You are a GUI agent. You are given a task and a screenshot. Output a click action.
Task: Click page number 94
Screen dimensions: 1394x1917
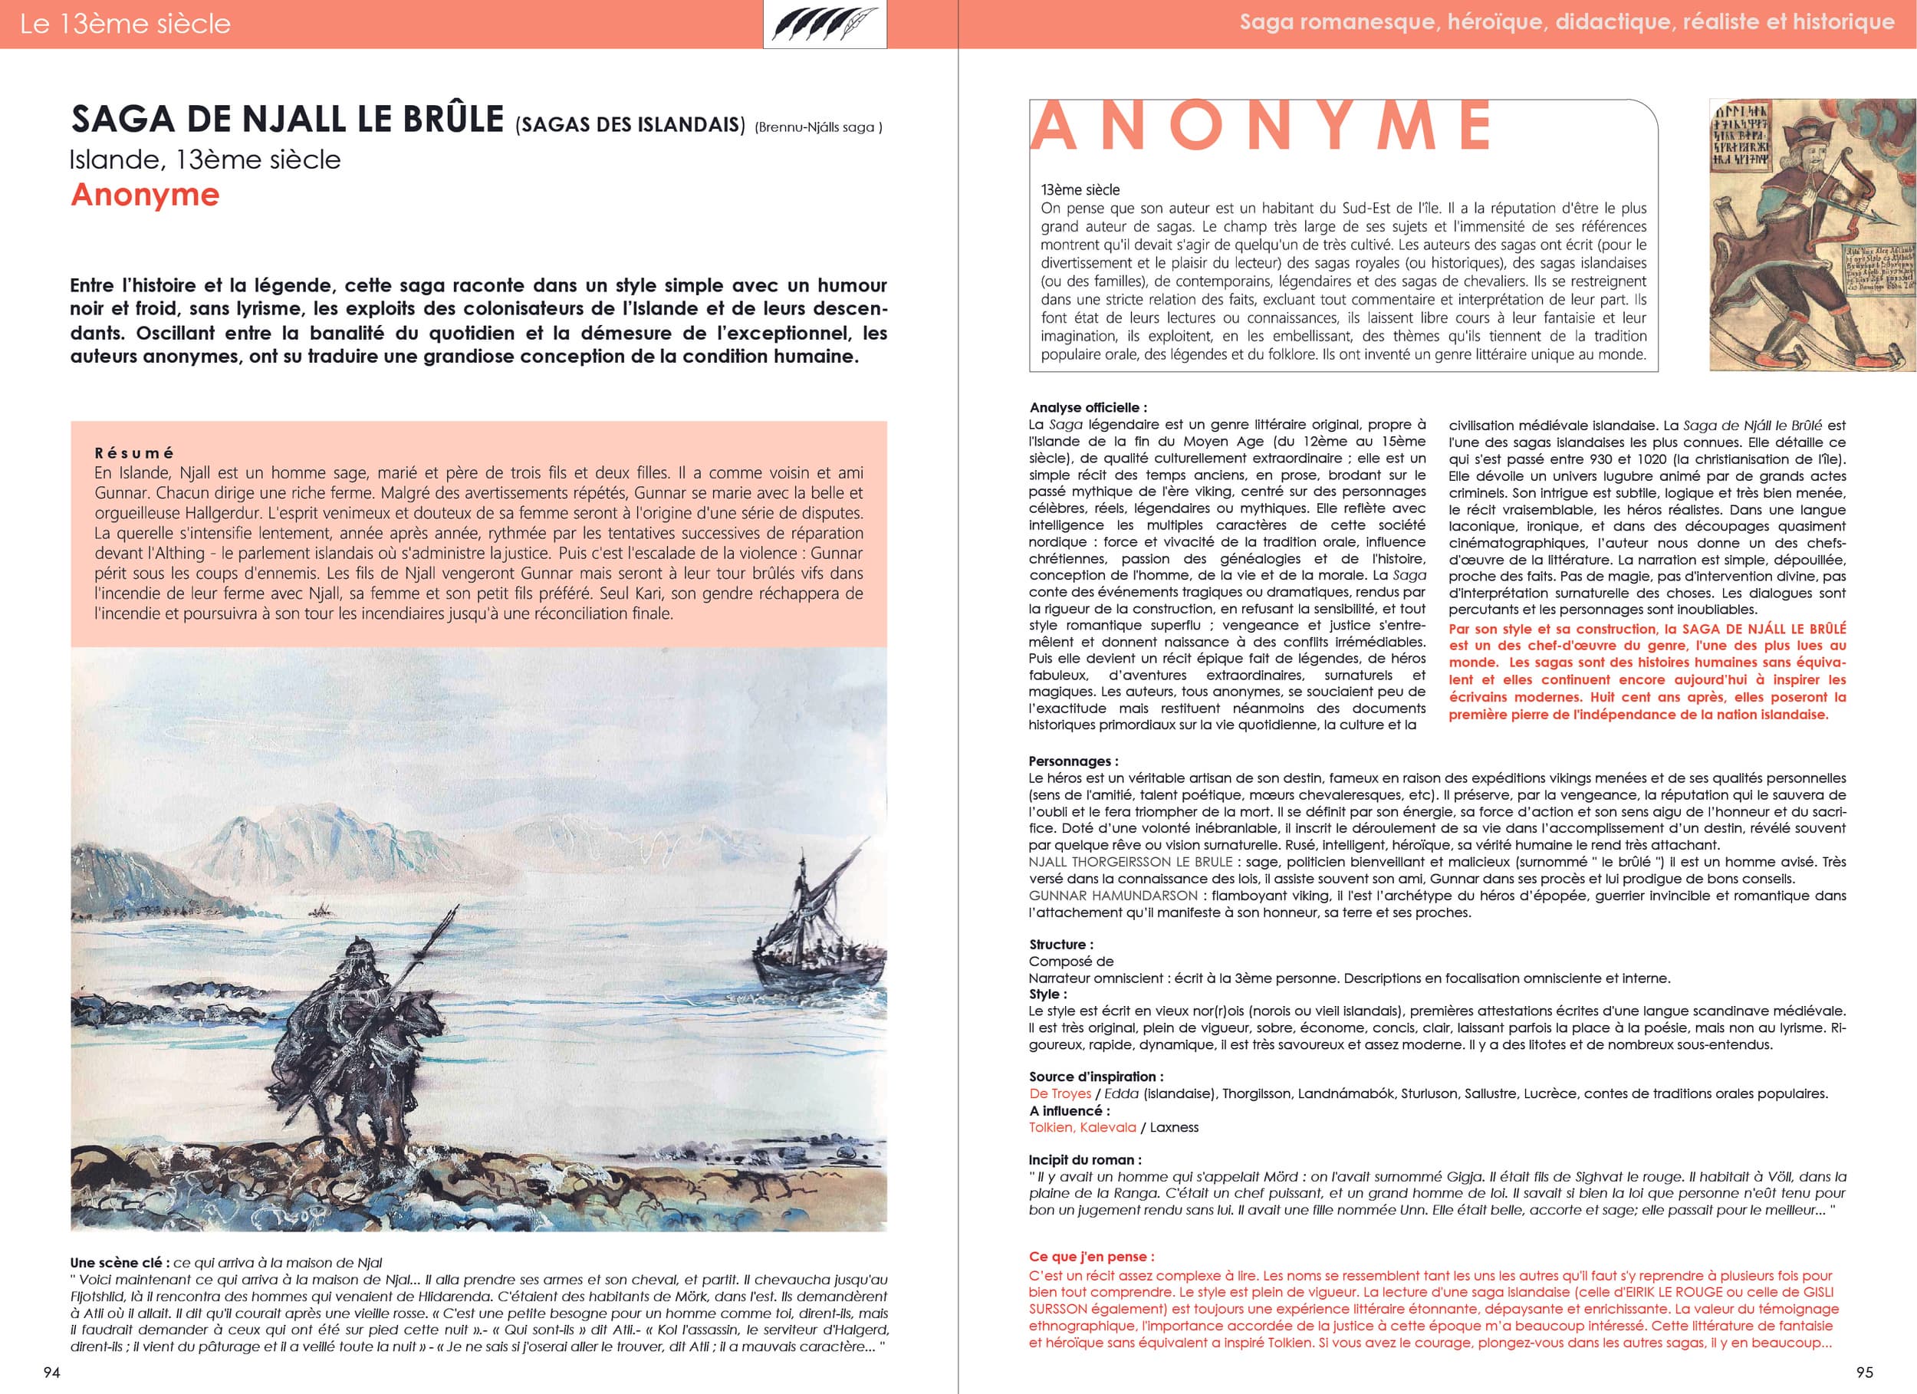pos(51,1373)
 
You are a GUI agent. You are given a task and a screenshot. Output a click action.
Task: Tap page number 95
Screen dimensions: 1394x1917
pos(1865,1373)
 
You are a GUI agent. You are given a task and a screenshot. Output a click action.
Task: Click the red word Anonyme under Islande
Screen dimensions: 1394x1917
pos(146,195)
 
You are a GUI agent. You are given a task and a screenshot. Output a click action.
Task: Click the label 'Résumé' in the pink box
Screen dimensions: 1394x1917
pos(134,453)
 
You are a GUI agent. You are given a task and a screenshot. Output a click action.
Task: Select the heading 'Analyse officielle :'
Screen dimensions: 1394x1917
pos(1088,407)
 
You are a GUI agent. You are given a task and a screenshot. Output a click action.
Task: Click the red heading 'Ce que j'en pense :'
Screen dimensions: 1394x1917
pos(1091,1256)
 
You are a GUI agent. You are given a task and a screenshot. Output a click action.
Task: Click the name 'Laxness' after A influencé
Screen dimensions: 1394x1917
pos(1174,1127)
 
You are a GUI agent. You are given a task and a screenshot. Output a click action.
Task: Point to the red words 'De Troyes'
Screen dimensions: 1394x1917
pos(1060,1093)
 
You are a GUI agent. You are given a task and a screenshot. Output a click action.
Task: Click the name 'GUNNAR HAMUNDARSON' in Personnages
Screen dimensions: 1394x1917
pos(1113,896)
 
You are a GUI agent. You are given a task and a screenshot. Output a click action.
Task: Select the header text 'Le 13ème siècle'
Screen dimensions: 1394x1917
pos(125,24)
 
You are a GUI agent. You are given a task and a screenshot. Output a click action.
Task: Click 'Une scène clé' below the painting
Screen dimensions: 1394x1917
pos(118,1263)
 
